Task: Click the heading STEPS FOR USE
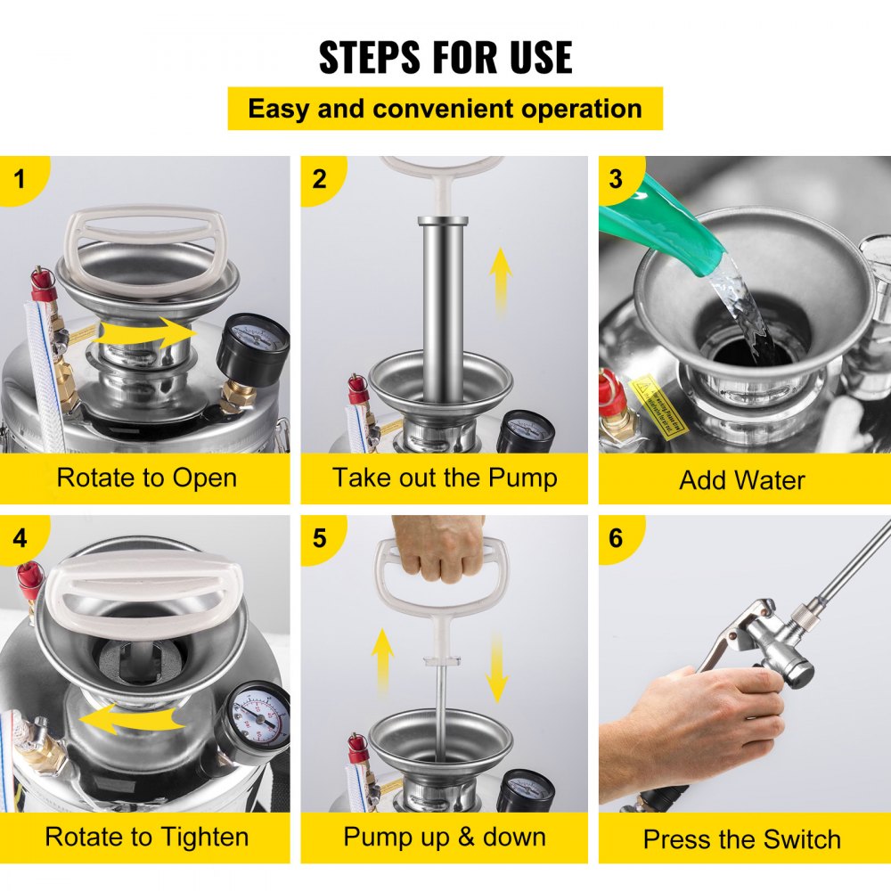click(x=445, y=57)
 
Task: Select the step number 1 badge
click(x=19, y=178)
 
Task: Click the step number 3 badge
click(x=616, y=178)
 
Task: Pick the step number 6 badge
click(x=616, y=538)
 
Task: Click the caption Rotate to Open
click(x=146, y=478)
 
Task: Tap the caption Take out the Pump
click(x=445, y=478)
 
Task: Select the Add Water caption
click(x=742, y=480)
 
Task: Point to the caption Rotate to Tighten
click(x=146, y=838)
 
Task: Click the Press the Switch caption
click(x=742, y=839)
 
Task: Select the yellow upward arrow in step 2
click(x=502, y=282)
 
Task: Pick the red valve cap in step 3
click(x=610, y=393)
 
